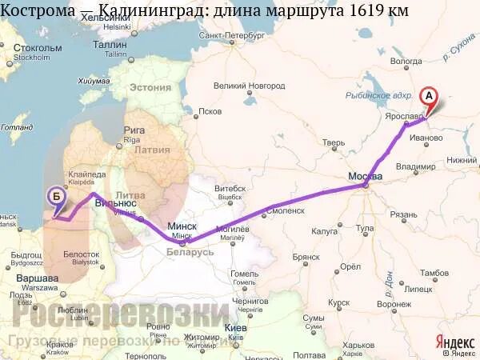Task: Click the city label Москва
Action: (365, 176)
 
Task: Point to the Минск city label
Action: (182, 226)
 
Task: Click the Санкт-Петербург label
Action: (231, 36)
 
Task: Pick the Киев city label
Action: (235, 327)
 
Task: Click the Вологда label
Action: (406, 61)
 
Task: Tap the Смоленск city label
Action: (286, 210)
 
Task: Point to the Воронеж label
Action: (394, 304)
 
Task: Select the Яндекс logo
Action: (455, 340)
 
